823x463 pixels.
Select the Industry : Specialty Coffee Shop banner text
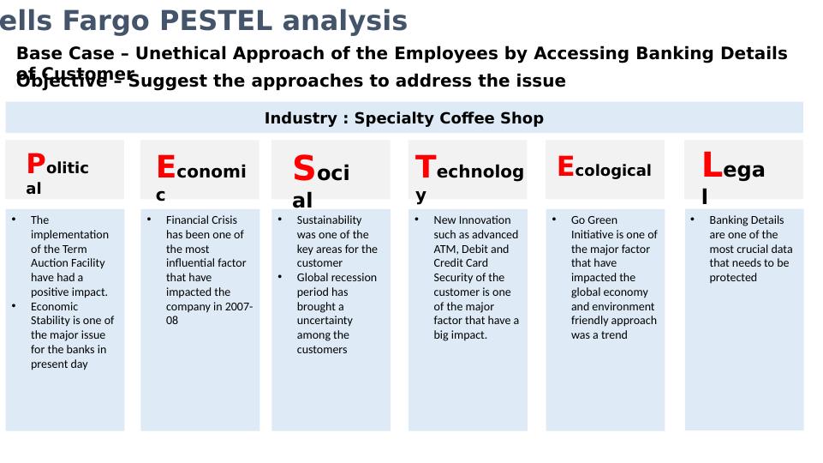tap(403, 118)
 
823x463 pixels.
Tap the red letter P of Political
tap(35, 163)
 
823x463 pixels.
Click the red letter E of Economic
tap(166, 166)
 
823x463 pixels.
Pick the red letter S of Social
tap(304, 169)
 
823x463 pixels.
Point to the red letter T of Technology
tap(426, 166)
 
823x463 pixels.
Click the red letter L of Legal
tap(711, 163)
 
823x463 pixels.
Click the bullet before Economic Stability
tap(14, 306)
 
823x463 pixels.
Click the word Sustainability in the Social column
tap(329, 220)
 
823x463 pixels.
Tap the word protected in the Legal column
tap(732, 278)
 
